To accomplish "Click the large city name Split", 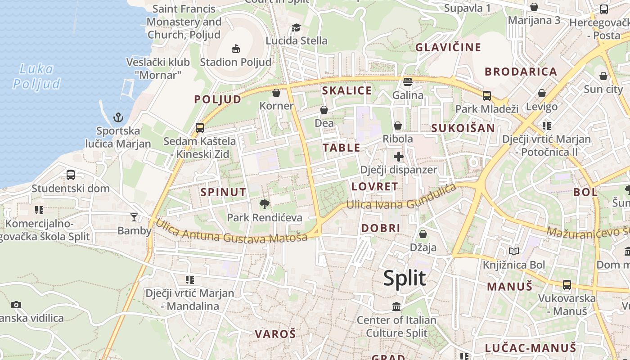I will point(405,278).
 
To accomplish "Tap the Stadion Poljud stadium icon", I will point(235,49).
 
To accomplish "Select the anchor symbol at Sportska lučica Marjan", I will point(118,118).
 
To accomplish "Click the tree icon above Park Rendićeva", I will point(265,204).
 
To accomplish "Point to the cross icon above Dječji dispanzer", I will point(398,157).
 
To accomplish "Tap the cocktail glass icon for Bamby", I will point(134,217).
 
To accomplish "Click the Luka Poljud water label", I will point(36,76).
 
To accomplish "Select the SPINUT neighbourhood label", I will point(223,192).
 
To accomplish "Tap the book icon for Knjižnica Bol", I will point(513,251).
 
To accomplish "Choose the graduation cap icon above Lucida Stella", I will point(296,28).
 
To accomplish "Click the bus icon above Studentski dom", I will point(71,175).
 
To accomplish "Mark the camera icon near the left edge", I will point(16,305).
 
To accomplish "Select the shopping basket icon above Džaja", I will point(423,234).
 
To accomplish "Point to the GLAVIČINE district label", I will point(448,47).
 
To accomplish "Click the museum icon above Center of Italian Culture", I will point(396,307).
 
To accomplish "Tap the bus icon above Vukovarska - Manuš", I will point(567,285).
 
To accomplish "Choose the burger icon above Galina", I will point(408,82).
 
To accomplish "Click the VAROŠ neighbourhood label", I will point(275,334).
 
